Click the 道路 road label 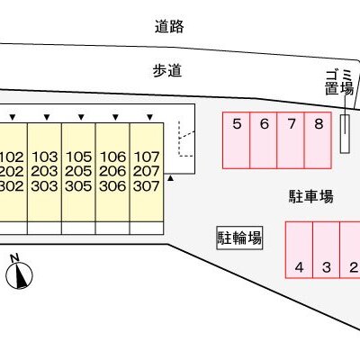pyautogui.click(x=169, y=26)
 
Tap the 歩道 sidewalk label pyautogui.click(x=167, y=71)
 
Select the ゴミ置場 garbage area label pyautogui.click(x=339, y=82)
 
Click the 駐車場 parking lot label pyautogui.click(x=311, y=196)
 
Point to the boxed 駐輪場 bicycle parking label pyautogui.click(x=239, y=238)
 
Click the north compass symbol pyautogui.click(x=19, y=272)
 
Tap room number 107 pyautogui.click(x=147, y=157)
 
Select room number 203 pyautogui.click(x=44, y=171)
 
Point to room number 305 pyautogui.click(x=78, y=186)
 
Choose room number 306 pyautogui.click(x=112, y=186)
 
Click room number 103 pyautogui.click(x=44, y=157)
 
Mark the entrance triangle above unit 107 pyautogui.click(x=150, y=117)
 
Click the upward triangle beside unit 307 pyautogui.click(x=170, y=178)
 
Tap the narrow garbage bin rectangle pyautogui.click(x=345, y=134)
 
